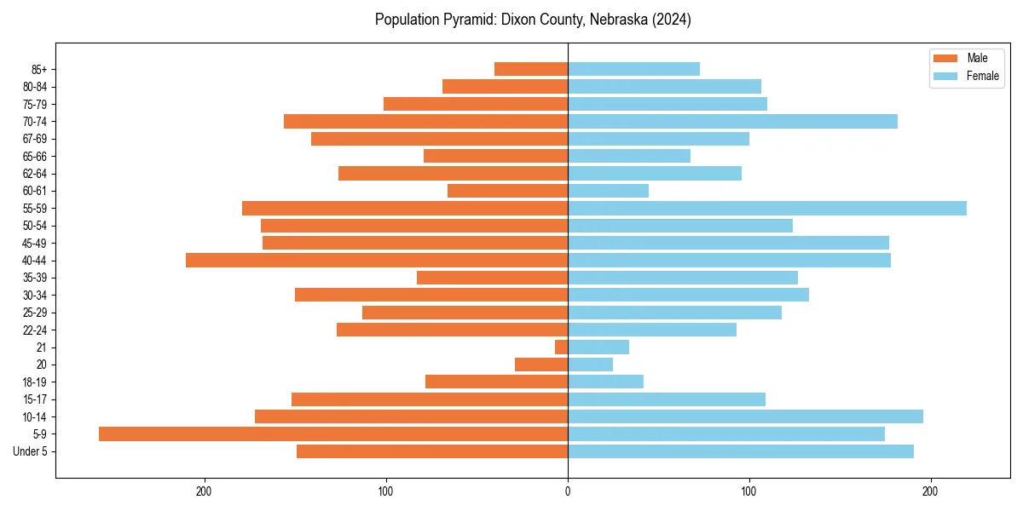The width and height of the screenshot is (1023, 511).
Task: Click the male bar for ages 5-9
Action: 332,434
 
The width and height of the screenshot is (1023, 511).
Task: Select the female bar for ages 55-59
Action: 767,209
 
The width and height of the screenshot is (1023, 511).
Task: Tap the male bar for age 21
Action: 562,347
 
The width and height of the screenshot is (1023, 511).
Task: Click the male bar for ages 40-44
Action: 377,261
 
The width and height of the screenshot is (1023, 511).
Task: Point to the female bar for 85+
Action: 633,69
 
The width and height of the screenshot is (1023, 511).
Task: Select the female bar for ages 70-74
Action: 732,122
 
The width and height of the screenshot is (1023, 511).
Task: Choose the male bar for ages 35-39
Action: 492,278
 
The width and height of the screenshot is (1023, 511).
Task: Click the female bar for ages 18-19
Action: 605,382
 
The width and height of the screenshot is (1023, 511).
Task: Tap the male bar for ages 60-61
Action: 507,191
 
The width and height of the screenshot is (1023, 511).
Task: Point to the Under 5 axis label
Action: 30,451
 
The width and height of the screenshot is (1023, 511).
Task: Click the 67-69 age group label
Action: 35,139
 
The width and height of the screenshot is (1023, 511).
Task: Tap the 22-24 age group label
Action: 35,330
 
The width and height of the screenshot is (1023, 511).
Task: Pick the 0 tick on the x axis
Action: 568,491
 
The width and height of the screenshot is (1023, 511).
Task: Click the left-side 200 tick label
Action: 204,491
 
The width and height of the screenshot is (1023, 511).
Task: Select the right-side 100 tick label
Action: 749,491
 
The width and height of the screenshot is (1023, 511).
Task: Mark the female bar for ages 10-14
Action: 745,416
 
